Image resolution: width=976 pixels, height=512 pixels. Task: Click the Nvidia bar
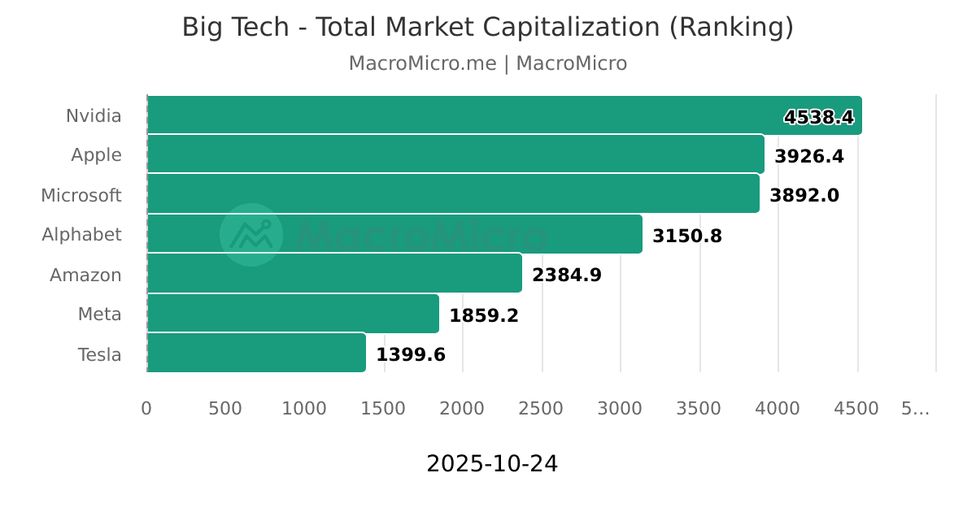pyautogui.click(x=504, y=115)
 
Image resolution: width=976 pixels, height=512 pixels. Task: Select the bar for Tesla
pyautogui.click(x=256, y=354)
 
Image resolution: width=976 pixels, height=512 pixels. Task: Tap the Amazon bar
pyautogui.click(x=334, y=274)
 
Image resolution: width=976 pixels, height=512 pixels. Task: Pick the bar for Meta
pyautogui.click(x=293, y=314)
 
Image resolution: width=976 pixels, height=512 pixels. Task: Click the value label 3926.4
pyautogui.click(x=808, y=156)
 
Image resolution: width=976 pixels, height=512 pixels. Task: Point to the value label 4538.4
pyautogui.click(x=818, y=117)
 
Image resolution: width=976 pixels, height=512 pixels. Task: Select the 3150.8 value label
pyautogui.click(x=686, y=236)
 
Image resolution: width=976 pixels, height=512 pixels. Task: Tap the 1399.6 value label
pyautogui.click(x=410, y=354)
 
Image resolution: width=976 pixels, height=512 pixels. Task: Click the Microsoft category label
pyautogui.click(x=81, y=195)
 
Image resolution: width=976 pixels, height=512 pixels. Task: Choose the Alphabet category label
pyautogui.click(x=81, y=235)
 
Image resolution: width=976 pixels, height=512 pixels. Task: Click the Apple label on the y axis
pyautogui.click(x=96, y=155)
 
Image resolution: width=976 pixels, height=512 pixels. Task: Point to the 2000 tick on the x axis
pyautogui.click(x=462, y=408)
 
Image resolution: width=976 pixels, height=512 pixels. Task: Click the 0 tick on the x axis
pyautogui.click(x=146, y=408)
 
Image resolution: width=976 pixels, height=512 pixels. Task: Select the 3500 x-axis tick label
pyautogui.click(x=699, y=408)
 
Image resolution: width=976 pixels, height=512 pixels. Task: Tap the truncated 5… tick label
pyautogui.click(x=915, y=408)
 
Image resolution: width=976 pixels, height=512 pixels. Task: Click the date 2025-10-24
pyautogui.click(x=492, y=463)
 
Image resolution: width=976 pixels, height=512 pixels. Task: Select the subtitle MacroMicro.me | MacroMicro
pyautogui.click(x=488, y=63)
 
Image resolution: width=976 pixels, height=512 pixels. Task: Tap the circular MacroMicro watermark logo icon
pyautogui.click(x=251, y=235)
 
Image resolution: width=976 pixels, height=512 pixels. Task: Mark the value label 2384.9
pyautogui.click(x=566, y=275)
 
